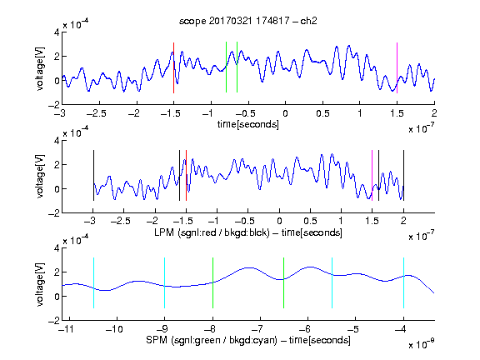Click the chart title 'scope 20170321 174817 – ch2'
(x=248, y=21)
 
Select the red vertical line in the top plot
(x=173, y=67)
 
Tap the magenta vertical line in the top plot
(x=397, y=67)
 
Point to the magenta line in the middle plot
(x=372, y=175)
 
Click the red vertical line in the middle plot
(x=186, y=175)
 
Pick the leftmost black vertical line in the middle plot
(x=93, y=175)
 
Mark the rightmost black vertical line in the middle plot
(x=404, y=175)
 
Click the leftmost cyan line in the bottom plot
(x=93, y=282)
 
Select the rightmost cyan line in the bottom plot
(x=404, y=282)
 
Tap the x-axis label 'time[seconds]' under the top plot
(x=248, y=125)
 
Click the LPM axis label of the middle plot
(x=248, y=232)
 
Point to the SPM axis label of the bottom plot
(x=248, y=340)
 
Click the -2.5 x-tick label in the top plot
(x=96, y=113)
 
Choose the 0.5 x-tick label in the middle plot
(x=310, y=221)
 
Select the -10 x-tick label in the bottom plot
(x=114, y=329)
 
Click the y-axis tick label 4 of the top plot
(x=57, y=32)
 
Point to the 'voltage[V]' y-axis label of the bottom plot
(x=40, y=284)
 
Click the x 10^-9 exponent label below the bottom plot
(x=421, y=344)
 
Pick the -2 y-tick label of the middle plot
(x=54, y=213)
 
